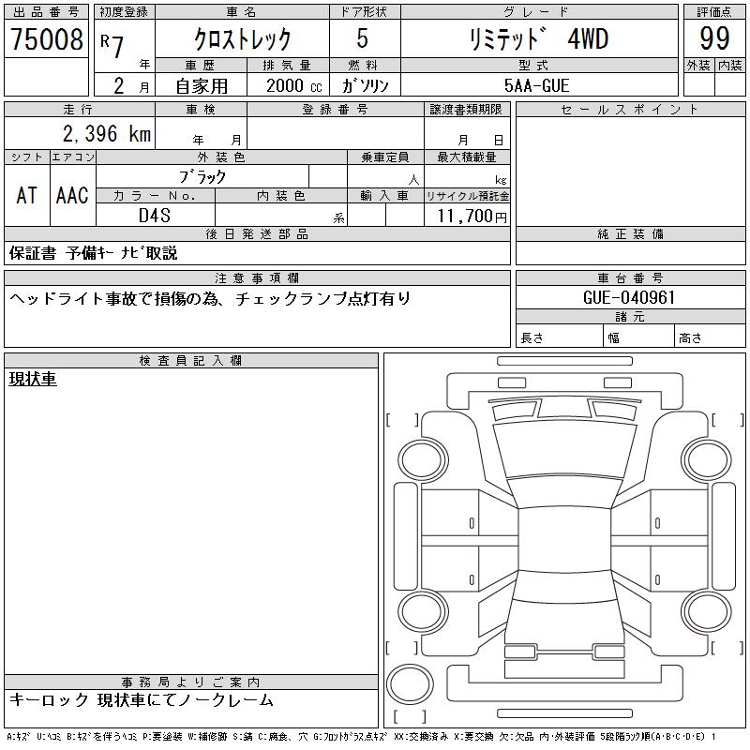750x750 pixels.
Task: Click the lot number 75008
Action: point(46,39)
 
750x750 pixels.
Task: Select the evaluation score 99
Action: point(714,38)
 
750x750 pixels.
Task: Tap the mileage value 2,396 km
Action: point(107,133)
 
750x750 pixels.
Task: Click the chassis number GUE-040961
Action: point(629,297)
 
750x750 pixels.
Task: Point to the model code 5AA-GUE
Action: point(536,85)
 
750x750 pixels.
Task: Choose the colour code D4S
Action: point(155,216)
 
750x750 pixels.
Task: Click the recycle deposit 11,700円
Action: point(472,217)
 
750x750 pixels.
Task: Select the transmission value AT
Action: point(27,195)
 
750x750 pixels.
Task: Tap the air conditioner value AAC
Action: point(72,195)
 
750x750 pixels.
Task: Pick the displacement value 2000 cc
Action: point(294,85)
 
